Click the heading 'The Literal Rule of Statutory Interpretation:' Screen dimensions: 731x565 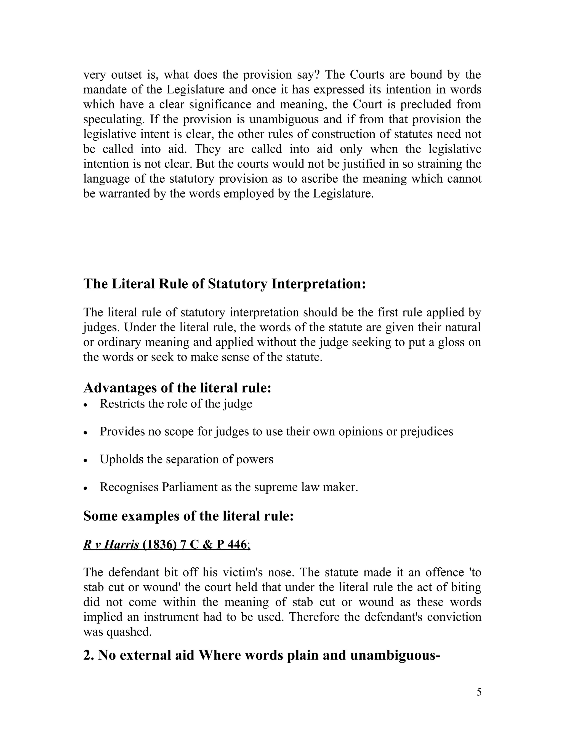[225, 284]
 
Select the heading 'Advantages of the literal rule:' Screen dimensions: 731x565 [177, 388]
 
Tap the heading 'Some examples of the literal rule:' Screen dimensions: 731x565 [188, 516]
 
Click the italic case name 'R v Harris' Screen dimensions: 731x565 [111, 545]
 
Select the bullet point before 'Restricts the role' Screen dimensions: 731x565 [86, 405]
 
